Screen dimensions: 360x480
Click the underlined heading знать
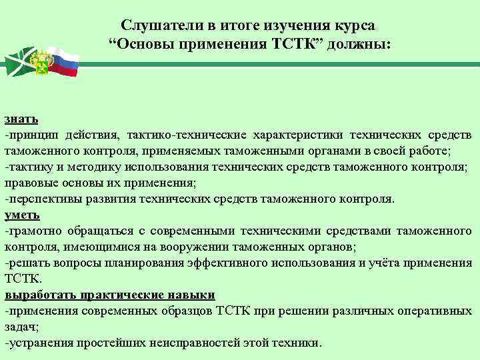tap(21, 119)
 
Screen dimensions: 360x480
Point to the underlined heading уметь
tap(23, 215)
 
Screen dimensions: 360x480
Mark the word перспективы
tap(43, 199)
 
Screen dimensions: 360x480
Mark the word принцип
tap(31, 135)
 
